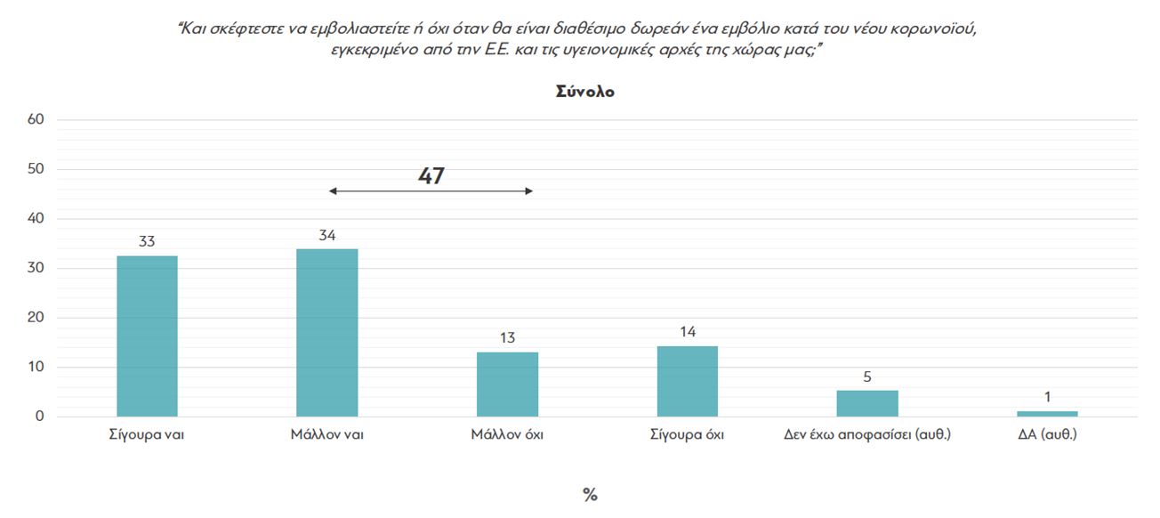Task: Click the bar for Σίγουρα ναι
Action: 147,336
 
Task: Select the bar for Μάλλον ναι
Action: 326,333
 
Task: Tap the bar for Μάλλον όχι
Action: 507,384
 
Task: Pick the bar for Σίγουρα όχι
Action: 687,382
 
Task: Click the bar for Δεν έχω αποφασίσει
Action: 866,403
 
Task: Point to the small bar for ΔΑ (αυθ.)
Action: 1047,413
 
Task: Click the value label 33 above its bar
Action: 147,241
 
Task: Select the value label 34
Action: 326,235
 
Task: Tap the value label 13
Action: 507,338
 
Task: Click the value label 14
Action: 687,332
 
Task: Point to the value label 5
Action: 866,376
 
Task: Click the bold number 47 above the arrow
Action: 431,176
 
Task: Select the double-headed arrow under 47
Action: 431,191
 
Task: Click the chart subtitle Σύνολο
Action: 584,92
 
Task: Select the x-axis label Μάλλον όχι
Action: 507,435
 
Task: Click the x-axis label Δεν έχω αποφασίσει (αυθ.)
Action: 866,435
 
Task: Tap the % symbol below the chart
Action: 590,496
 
